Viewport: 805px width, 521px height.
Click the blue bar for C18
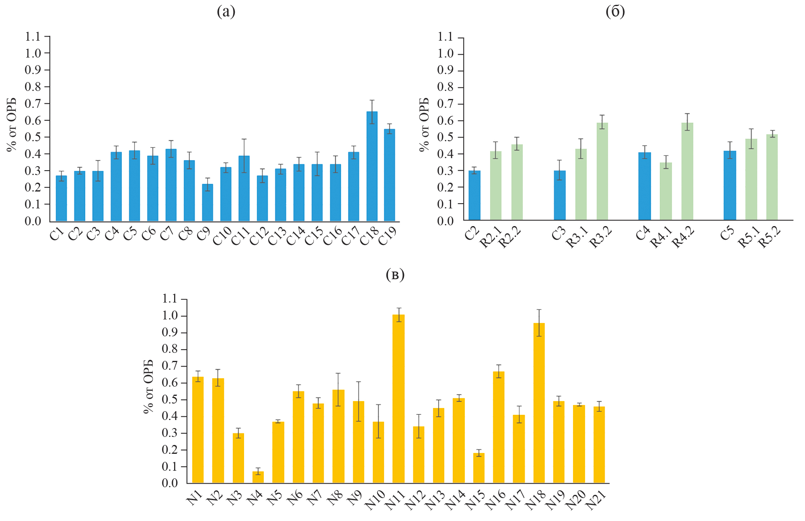click(372, 167)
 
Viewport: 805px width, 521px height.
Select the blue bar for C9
click(207, 203)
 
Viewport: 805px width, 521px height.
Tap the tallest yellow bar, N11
click(398, 399)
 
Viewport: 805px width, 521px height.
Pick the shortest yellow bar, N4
click(258, 477)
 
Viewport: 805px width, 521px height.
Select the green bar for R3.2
click(602, 171)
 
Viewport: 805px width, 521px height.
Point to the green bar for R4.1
click(666, 192)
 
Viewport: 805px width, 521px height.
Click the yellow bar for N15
click(478, 468)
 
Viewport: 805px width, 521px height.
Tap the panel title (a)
click(226, 12)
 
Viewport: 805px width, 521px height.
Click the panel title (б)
click(615, 12)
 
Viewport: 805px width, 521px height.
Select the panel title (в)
click(395, 275)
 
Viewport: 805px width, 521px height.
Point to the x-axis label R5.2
click(770, 237)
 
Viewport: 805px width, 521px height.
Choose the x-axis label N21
click(596, 500)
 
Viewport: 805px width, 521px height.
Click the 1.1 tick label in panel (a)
click(33, 37)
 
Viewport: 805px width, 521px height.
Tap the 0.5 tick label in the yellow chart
click(170, 400)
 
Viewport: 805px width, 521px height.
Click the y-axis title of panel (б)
click(424, 125)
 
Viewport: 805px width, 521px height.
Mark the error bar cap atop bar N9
click(358, 381)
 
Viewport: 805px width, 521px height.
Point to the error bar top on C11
click(244, 139)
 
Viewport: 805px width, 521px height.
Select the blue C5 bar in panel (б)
click(730, 185)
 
